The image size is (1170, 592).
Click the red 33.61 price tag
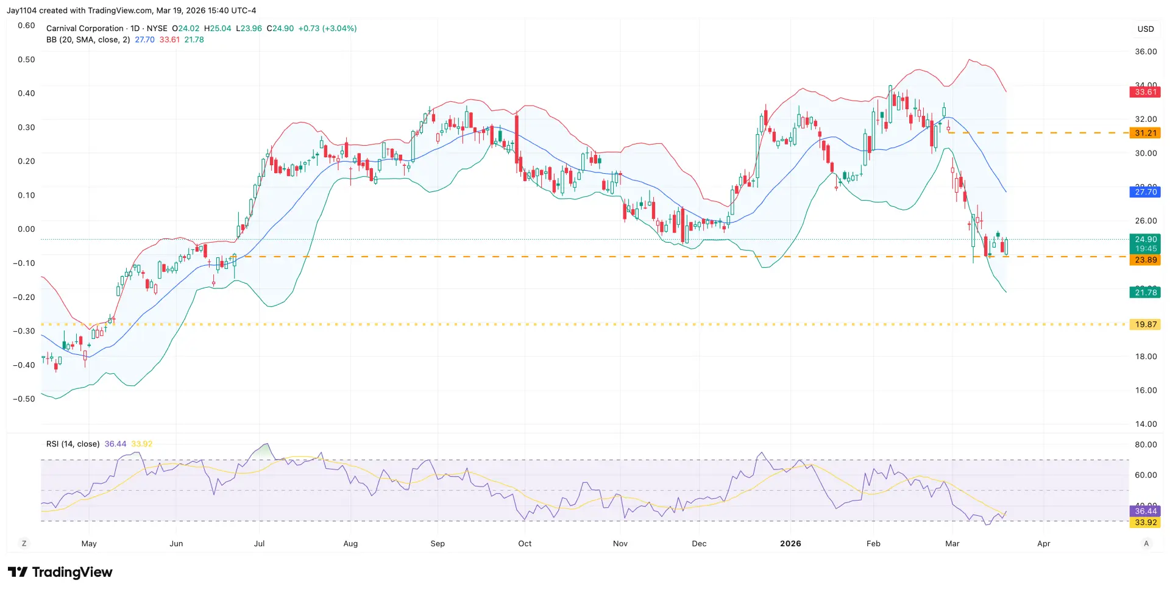[x=1145, y=92]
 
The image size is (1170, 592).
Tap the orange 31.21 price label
[x=1145, y=133]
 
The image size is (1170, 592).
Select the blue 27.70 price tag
[x=1145, y=192]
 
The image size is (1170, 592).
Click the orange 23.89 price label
[x=1145, y=260]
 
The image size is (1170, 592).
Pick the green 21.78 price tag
[x=1145, y=293]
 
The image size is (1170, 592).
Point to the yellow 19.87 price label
[x=1145, y=324]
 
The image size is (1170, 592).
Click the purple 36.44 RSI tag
[x=1145, y=511]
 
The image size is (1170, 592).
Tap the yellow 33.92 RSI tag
[x=1145, y=522]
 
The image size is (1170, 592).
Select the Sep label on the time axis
[x=438, y=543]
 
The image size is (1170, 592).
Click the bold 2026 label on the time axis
[x=790, y=543]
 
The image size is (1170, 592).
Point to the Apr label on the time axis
[x=1043, y=543]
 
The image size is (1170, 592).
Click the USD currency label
[x=1146, y=29]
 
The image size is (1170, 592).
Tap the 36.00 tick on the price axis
[x=1146, y=52]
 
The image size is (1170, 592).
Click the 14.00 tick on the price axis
[x=1146, y=424]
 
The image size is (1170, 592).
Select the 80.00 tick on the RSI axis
[x=1146, y=444]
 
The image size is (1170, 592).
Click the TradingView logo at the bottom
[x=60, y=572]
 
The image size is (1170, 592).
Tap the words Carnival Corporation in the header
[x=85, y=29]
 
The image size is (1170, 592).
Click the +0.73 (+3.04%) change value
[x=327, y=29]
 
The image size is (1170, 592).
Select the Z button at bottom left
[x=24, y=543]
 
